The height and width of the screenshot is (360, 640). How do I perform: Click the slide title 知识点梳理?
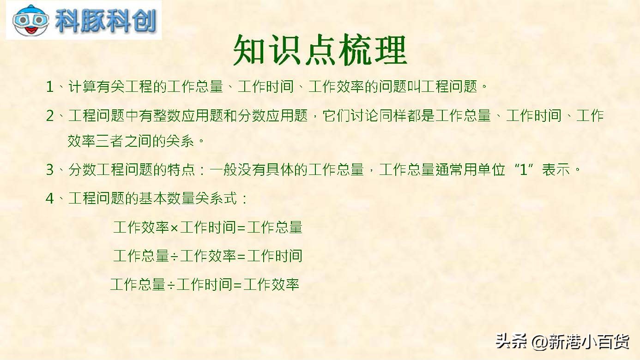(x=320, y=50)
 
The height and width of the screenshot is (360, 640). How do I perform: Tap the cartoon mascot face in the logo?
(x=31, y=21)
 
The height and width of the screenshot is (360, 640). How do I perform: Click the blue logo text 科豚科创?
(x=106, y=21)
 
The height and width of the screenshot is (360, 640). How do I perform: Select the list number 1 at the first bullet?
(x=50, y=87)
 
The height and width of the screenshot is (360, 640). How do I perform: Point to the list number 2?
(x=50, y=116)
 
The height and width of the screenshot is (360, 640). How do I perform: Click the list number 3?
(x=50, y=170)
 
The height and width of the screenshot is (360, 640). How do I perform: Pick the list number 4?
(x=50, y=199)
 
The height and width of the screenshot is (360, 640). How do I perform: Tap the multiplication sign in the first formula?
(x=175, y=228)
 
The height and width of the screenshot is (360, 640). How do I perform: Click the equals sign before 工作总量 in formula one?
(x=242, y=228)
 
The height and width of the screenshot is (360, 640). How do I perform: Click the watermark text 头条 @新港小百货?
(x=562, y=342)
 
